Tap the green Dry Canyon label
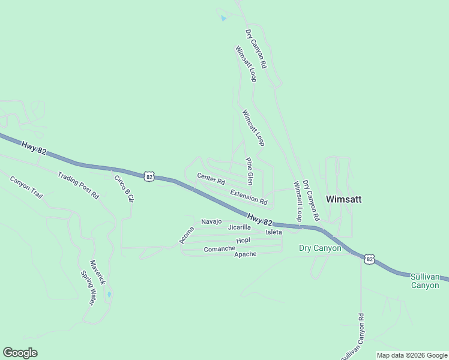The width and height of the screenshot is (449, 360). point(320,248)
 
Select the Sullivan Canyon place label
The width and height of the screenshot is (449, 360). point(429,281)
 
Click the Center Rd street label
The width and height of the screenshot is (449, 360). point(211,178)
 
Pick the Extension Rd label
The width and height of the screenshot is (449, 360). point(249,196)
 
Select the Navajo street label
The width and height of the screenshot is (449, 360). point(211,221)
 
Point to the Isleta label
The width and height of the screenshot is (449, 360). point(274,232)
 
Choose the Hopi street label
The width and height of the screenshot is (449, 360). point(243,240)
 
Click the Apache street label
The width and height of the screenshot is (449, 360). point(245,254)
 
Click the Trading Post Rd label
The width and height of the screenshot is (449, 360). point(78,185)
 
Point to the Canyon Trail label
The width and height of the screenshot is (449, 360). point(26,187)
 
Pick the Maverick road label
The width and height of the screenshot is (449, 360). point(97,272)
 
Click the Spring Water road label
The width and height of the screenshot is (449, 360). point(88,287)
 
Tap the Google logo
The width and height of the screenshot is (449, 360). point(20,353)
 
